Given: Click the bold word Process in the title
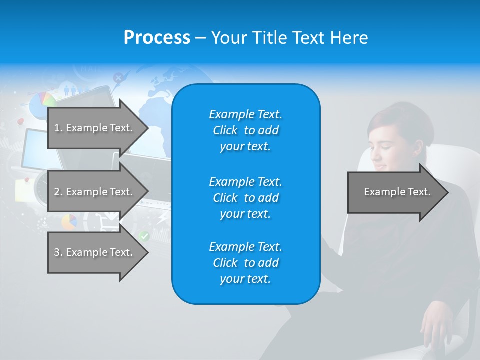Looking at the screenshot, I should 157,38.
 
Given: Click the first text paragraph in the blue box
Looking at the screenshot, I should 245,130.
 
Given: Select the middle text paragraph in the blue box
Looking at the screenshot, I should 245,198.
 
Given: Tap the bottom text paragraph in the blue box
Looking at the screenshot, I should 245,263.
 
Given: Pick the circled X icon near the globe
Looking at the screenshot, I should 118,78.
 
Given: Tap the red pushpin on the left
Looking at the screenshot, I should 20,121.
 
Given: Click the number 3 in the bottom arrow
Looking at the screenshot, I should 56,252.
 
